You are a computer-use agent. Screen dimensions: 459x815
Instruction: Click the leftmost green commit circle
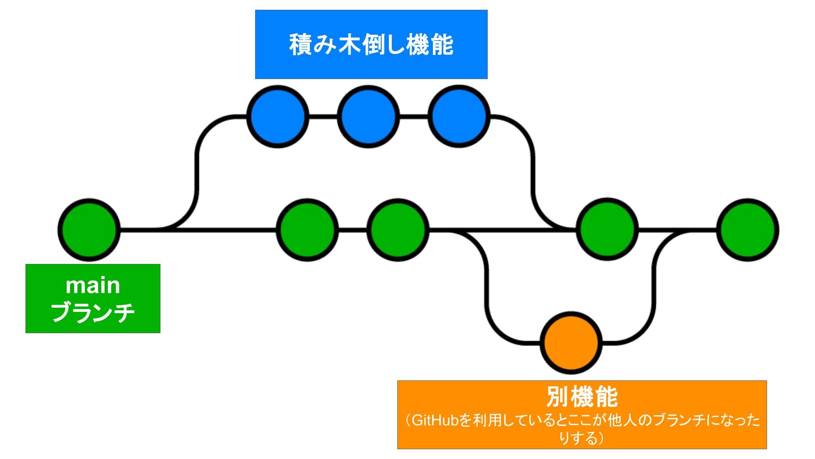[89, 229]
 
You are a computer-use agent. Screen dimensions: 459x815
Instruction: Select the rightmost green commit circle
[748, 229]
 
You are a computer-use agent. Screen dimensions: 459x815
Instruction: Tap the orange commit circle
[571, 343]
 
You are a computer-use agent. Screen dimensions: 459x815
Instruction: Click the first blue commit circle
[278, 116]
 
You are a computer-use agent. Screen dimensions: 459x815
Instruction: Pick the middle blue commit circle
[368, 116]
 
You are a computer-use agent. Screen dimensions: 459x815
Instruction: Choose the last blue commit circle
[459, 116]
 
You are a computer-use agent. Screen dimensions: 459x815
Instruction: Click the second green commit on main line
[307, 229]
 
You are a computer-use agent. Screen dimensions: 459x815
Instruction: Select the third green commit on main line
[398, 229]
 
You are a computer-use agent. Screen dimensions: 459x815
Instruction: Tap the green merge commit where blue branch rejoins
[607, 229]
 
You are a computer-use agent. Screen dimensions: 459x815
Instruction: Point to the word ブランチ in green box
[93, 313]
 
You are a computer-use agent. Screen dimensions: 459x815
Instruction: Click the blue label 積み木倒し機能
[371, 45]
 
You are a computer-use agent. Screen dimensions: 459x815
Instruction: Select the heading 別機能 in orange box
[582, 397]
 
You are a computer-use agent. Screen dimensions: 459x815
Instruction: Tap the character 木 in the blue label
[349, 45]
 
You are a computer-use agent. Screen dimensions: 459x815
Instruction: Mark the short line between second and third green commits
[353, 230]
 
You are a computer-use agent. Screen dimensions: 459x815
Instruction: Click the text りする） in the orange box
[582, 438]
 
